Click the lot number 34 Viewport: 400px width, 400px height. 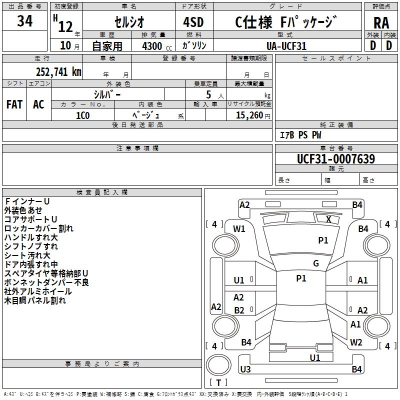point(24,21)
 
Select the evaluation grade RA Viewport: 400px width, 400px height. point(381,23)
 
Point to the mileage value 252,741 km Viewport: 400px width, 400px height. point(58,71)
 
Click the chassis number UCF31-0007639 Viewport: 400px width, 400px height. point(335,159)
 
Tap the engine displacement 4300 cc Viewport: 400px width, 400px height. point(152,46)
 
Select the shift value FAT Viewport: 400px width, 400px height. point(14,104)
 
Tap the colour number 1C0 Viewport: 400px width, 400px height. point(82,114)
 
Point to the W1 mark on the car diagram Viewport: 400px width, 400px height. point(239,229)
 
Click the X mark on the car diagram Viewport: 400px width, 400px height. point(328,219)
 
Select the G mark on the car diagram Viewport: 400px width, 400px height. point(316,263)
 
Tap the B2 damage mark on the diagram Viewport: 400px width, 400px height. point(239,310)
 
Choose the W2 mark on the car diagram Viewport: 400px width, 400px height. point(356,342)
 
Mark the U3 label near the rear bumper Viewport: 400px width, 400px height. point(245,369)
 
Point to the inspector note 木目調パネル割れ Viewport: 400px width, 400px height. point(35,301)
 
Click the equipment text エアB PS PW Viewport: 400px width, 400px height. point(300,135)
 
